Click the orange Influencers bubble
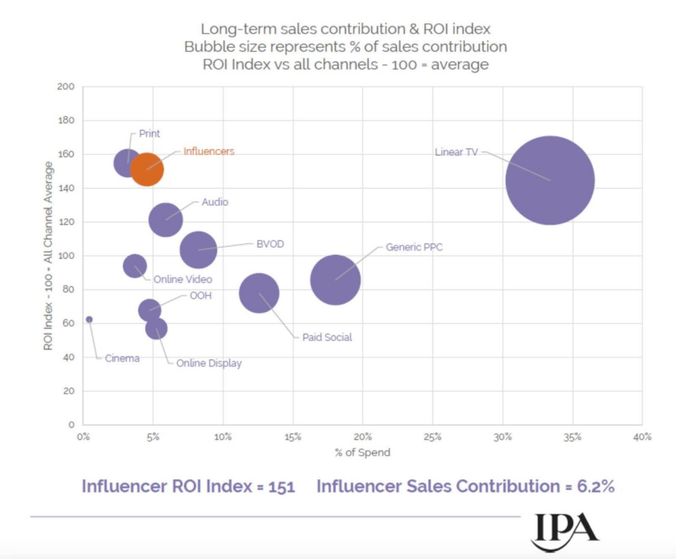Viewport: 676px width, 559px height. (x=147, y=169)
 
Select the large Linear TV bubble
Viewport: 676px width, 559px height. (x=550, y=180)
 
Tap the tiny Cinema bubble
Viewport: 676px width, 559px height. (x=89, y=319)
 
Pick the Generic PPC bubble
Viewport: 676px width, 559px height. (x=335, y=280)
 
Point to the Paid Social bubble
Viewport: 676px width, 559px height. (x=259, y=293)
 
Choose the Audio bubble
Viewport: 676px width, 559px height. (x=165, y=220)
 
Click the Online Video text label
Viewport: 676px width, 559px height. (x=183, y=280)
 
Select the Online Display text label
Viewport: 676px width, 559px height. (x=209, y=363)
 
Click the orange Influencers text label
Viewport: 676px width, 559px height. (x=208, y=151)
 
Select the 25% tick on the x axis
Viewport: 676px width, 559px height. (x=432, y=437)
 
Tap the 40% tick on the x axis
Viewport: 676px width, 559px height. (x=642, y=437)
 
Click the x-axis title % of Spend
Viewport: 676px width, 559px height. (x=362, y=453)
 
